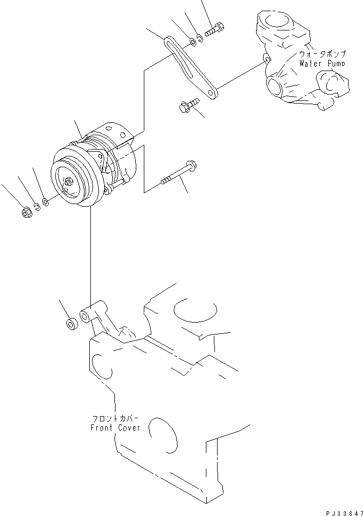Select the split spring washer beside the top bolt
click(199, 37)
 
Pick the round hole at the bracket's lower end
click(213, 93)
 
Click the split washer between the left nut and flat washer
click(36, 207)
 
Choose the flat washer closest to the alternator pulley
click(45, 202)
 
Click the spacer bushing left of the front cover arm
click(69, 324)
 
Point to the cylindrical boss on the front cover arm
click(86, 313)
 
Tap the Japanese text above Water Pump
click(322, 54)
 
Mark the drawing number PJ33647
click(339, 511)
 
